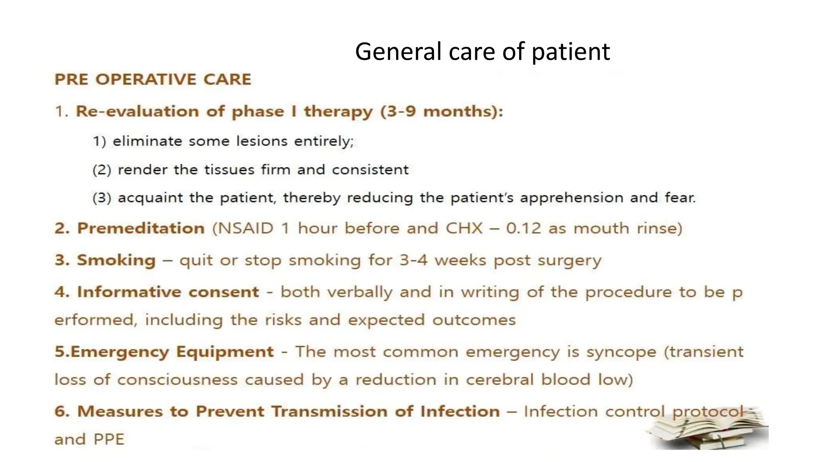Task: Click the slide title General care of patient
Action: (482, 52)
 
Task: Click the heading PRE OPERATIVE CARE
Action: (153, 79)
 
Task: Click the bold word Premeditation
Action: (140, 228)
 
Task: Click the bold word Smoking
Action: (116, 260)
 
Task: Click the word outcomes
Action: (474, 320)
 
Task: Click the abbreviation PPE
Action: (109, 440)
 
